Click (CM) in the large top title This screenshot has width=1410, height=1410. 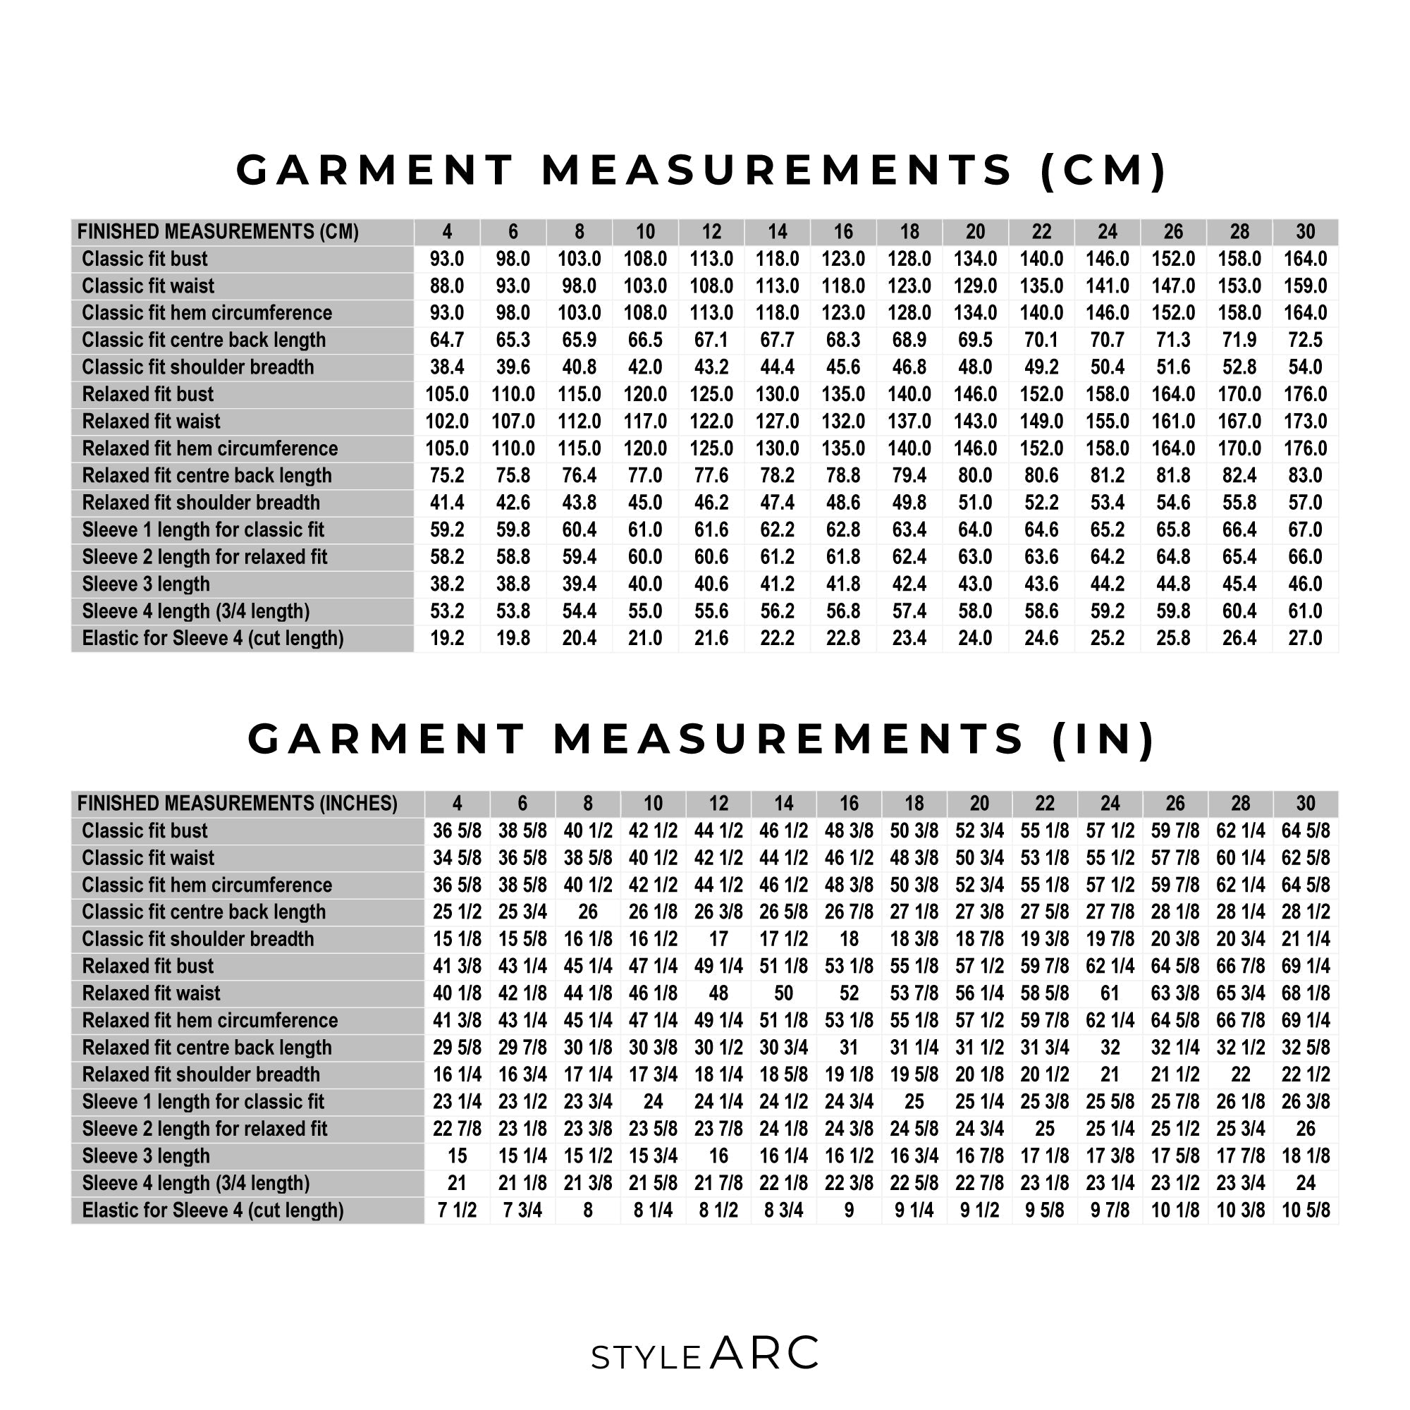[1104, 170]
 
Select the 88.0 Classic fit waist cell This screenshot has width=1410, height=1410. [447, 286]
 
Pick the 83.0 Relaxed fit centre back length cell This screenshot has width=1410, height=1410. [1305, 476]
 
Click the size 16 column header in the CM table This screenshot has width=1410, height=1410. [843, 232]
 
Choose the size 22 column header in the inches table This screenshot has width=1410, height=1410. [1044, 804]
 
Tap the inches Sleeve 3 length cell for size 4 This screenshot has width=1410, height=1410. [457, 1156]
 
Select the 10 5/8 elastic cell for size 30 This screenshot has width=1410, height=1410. [1305, 1210]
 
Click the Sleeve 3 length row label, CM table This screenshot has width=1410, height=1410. [146, 584]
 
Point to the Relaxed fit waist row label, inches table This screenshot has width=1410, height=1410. [151, 993]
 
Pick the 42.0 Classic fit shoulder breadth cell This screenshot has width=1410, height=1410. [645, 367]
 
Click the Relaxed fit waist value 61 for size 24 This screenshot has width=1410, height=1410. [1109, 993]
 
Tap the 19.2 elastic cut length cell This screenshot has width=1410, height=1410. [447, 639]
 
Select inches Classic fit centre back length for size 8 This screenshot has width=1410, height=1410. [587, 912]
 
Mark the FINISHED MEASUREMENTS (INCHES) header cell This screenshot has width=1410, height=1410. [237, 804]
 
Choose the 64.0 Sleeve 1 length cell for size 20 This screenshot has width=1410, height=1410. [975, 530]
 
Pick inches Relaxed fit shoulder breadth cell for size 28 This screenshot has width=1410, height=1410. [1240, 1075]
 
